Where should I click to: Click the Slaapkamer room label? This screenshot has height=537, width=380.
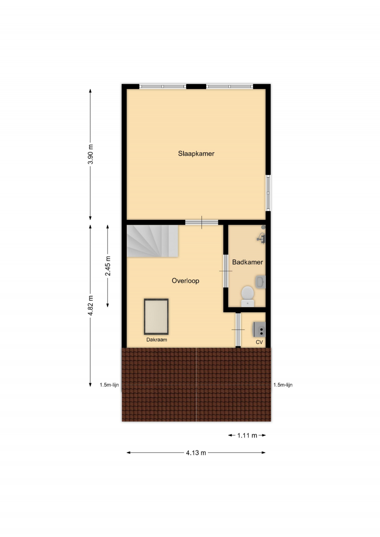(x=196, y=154)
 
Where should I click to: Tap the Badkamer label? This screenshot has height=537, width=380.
(x=247, y=262)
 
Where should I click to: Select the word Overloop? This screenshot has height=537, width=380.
(x=186, y=281)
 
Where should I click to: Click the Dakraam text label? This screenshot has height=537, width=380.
(x=157, y=340)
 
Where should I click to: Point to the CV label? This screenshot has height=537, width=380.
(x=259, y=342)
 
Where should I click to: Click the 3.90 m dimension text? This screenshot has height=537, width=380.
(x=91, y=154)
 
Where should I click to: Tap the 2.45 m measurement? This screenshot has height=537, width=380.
(x=108, y=266)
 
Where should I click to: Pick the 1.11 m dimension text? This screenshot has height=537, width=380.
(x=247, y=435)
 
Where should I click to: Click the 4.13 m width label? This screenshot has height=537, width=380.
(x=196, y=453)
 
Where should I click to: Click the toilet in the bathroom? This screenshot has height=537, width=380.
(x=248, y=296)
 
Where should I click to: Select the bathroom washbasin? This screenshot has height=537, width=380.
(x=260, y=282)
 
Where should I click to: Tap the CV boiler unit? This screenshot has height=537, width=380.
(x=259, y=329)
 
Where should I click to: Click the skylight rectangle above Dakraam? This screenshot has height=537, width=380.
(x=156, y=316)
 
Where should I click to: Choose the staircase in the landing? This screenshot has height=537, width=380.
(x=152, y=241)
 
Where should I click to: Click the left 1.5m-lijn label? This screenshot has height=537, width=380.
(x=110, y=385)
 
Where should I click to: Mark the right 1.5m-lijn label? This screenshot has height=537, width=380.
(x=283, y=385)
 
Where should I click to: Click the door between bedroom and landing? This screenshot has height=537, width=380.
(x=202, y=222)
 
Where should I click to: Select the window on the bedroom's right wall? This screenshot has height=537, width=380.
(x=268, y=193)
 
